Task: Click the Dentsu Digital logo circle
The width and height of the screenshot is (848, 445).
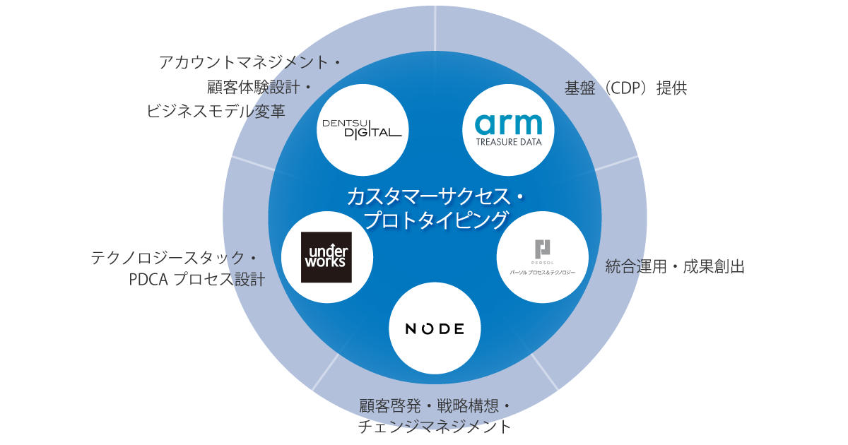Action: pyautogui.click(x=363, y=130)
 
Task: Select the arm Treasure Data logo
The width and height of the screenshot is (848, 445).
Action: pyautogui.click(x=508, y=130)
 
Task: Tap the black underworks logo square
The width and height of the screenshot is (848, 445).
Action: pyautogui.click(x=326, y=257)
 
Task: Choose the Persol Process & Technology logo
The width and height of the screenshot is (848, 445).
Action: pyautogui.click(x=543, y=257)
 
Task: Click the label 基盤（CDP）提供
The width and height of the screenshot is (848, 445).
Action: pyautogui.click(x=625, y=89)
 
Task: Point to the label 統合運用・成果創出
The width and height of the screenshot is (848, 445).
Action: pyautogui.click(x=675, y=267)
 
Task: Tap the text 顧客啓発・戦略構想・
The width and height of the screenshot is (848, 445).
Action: pyautogui.click(x=435, y=406)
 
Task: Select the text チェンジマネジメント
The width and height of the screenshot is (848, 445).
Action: pyautogui.click(x=435, y=427)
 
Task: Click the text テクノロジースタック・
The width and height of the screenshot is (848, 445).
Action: pyautogui.click(x=174, y=258)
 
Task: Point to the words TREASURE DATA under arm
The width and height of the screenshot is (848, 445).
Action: pyautogui.click(x=508, y=141)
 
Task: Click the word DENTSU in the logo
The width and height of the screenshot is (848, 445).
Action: pyautogui.click(x=346, y=122)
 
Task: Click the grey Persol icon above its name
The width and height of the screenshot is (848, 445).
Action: pyautogui.click(x=543, y=249)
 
